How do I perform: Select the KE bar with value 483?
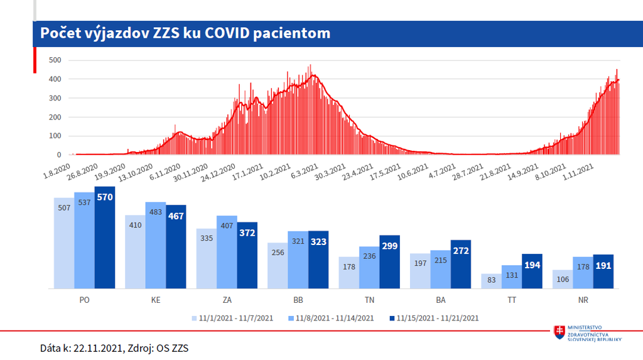156,245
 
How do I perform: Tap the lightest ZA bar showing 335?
207,258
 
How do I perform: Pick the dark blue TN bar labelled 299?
389,262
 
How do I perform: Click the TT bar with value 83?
491,281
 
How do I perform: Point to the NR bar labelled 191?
603,271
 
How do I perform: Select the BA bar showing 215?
440,270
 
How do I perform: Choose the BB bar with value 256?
278,266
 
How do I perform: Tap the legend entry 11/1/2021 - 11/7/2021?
233,318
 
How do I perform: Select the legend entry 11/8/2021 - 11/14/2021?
333,318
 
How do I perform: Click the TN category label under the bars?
369,300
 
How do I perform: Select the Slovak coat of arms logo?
558,333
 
